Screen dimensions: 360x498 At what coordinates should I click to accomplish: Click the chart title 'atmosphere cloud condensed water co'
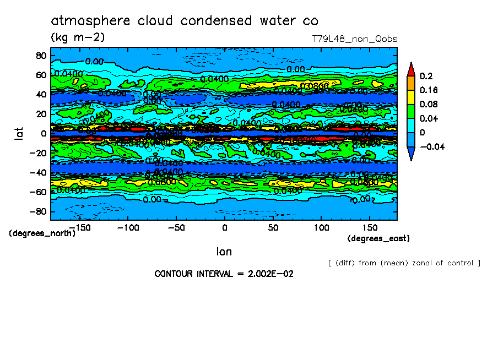(185, 21)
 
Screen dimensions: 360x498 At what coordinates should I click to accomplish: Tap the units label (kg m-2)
(78, 37)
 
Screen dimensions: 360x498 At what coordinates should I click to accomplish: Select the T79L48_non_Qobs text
(354, 39)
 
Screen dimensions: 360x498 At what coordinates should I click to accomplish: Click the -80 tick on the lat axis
(38, 211)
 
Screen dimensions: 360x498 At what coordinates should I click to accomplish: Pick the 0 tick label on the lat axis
(43, 133)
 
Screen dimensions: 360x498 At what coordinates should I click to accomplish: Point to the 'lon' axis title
(224, 252)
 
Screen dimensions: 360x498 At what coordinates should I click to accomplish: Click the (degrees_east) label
(378, 238)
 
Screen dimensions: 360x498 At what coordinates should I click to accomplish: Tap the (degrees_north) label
(42, 233)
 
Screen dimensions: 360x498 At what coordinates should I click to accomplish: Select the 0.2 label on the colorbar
(425, 76)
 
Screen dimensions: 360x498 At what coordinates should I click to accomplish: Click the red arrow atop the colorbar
(410, 69)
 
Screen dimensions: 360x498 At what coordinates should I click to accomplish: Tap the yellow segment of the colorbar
(410, 97)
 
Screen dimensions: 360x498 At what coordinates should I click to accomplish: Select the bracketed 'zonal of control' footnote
(404, 263)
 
